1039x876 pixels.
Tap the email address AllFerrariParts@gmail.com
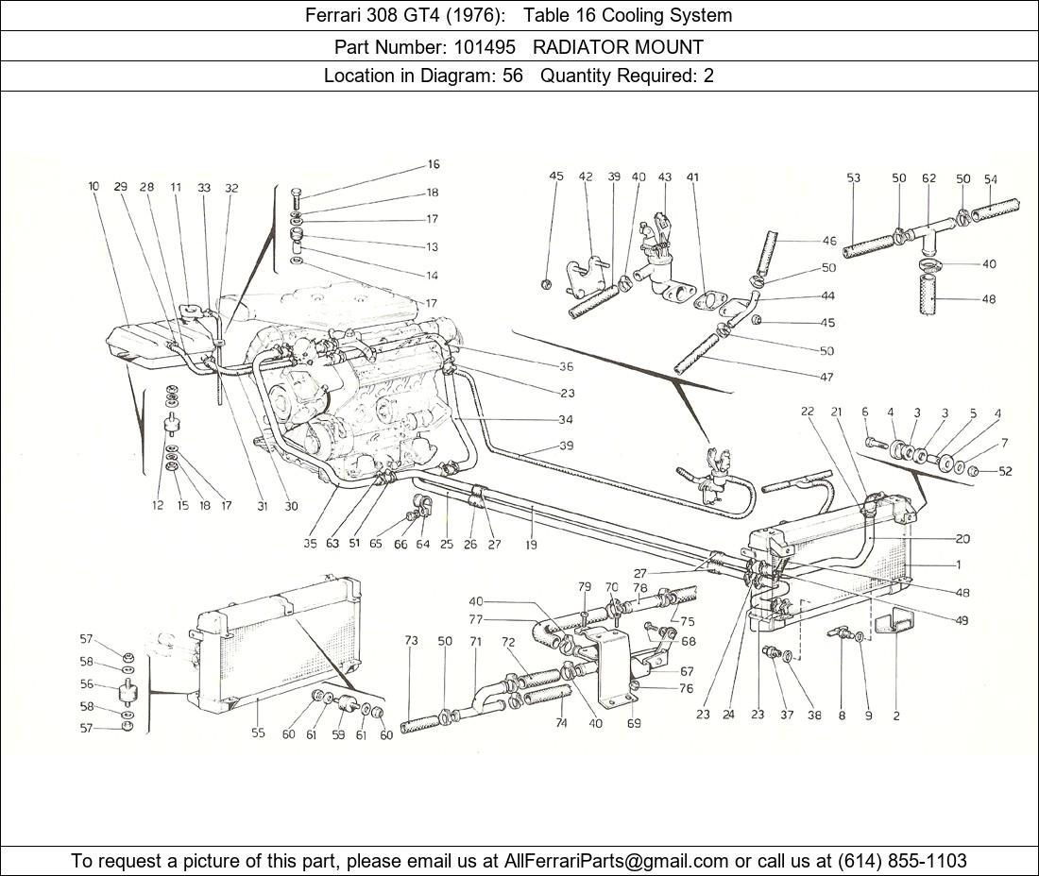(x=617, y=860)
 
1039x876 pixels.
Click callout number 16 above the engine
(x=433, y=164)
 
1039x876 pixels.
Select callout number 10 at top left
(x=94, y=187)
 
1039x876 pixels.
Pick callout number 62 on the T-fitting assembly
(x=928, y=177)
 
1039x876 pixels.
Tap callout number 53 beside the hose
(x=853, y=177)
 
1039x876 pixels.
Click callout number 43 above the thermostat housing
(x=664, y=177)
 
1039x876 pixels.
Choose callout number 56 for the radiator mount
(x=86, y=685)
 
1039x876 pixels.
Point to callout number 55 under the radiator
(x=258, y=733)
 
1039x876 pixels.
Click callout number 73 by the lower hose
(x=411, y=641)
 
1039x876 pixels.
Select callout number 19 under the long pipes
(x=533, y=545)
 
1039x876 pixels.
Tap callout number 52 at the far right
(x=1005, y=471)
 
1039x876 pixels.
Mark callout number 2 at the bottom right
(x=895, y=716)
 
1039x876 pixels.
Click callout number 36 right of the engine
(x=566, y=367)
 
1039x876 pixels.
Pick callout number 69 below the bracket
(x=633, y=723)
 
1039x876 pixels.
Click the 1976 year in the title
(x=478, y=15)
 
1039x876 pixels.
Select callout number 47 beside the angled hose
(x=826, y=377)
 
